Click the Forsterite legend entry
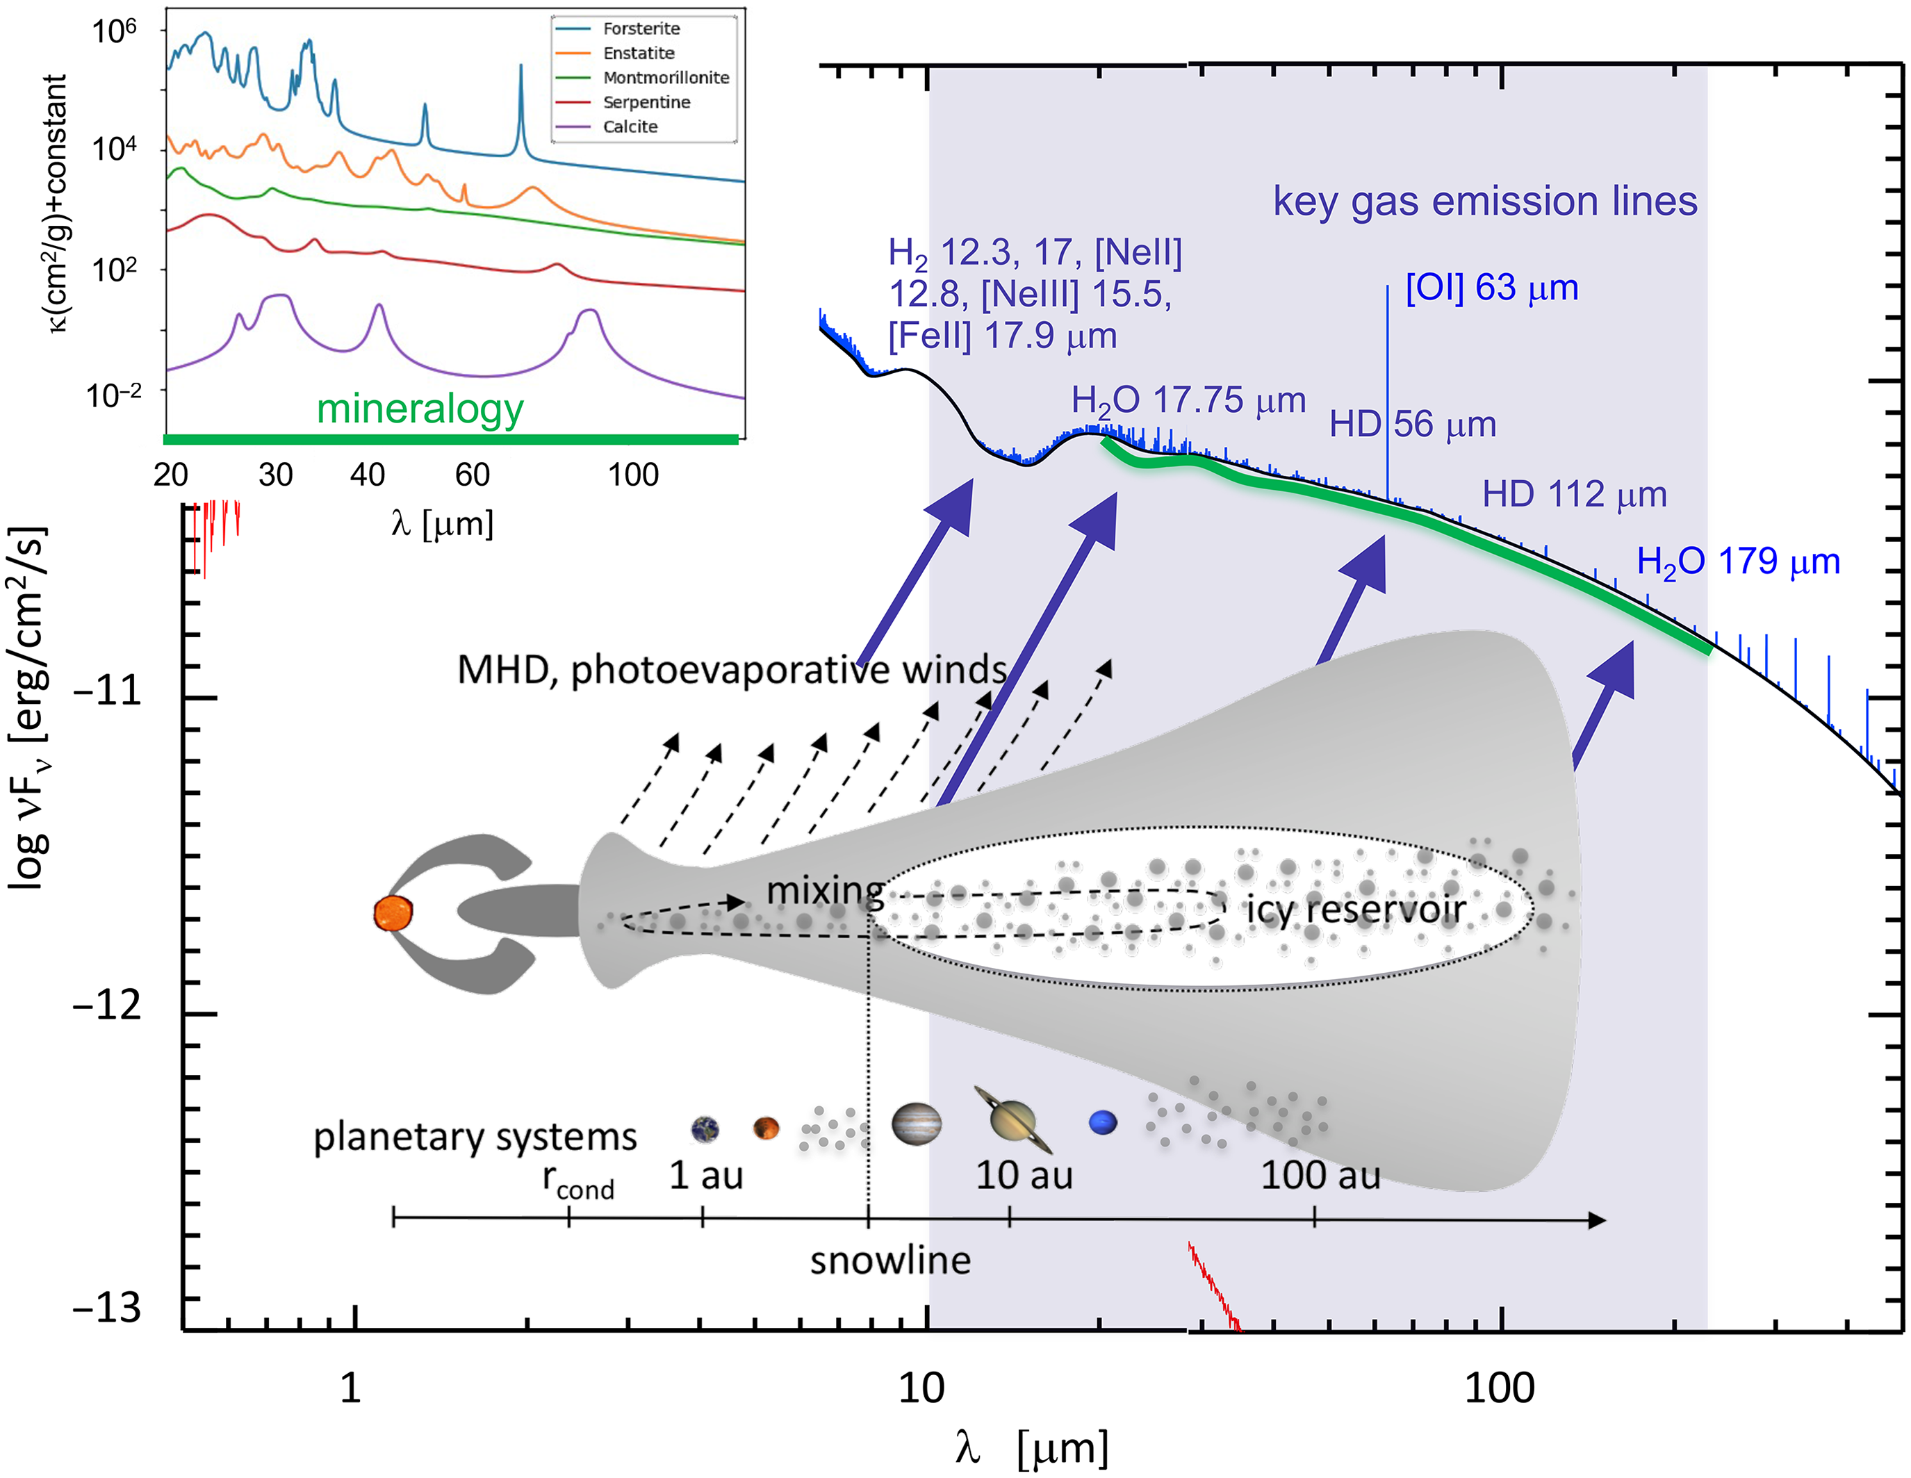[x=641, y=29]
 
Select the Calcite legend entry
[x=630, y=127]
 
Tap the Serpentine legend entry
[x=646, y=102]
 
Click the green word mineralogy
[x=420, y=409]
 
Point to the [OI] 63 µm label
[x=1492, y=288]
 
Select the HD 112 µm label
[x=1574, y=495]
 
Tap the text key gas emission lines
[x=1485, y=202]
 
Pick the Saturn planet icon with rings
[x=1012, y=1120]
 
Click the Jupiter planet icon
[x=916, y=1124]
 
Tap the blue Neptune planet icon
[x=1103, y=1122]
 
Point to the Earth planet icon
[x=705, y=1129]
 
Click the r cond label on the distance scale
[x=577, y=1181]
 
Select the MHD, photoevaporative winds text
[x=732, y=669]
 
